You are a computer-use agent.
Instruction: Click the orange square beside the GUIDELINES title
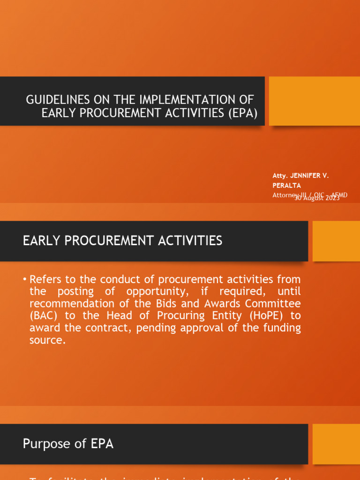(x=314, y=101)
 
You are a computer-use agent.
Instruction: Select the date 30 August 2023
(x=317, y=198)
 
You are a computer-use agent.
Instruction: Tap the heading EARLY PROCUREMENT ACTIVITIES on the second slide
(x=123, y=241)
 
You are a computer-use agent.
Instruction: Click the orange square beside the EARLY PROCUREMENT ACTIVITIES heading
(x=336, y=241)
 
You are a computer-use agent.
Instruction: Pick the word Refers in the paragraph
(x=45, y=279)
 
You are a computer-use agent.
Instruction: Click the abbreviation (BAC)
(x=41, y=316)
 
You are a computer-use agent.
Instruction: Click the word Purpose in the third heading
(x=46, y=444)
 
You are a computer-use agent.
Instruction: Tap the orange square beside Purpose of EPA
(x=336, y=444)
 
